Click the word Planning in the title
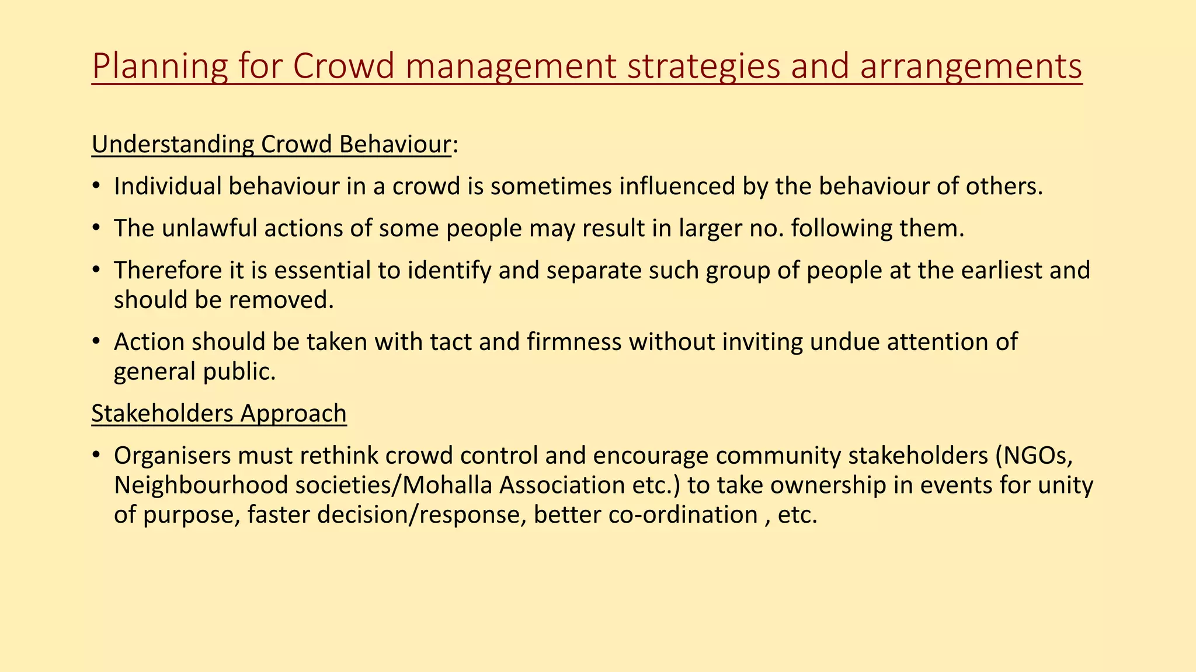[x=159, y=66]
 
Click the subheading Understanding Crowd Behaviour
[x=272, y=145]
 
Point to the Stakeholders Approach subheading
[x=219, y=414]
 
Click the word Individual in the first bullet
[x=167, y=187]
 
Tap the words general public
[x=194, y=372]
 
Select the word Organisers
[x=172, y=456]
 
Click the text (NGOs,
[x=1034, y=456]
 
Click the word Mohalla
[x=448, y=485]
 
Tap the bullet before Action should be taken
[x=96, y=342]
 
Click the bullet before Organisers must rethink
[x=96, y=456]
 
